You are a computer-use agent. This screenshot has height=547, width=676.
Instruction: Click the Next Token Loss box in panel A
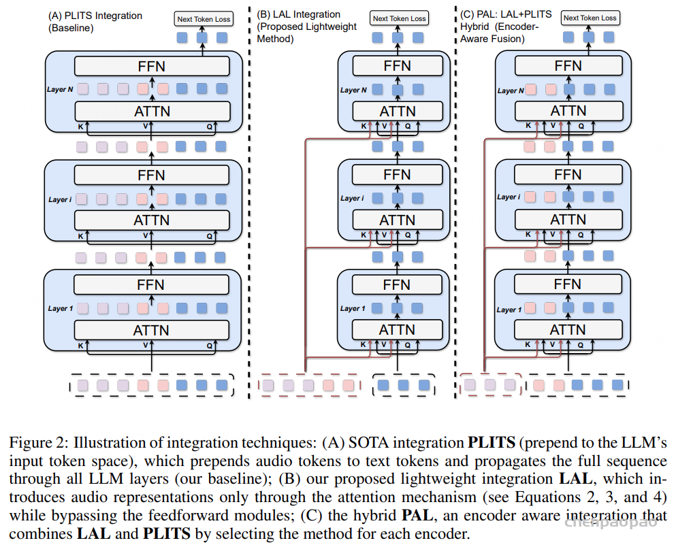204,19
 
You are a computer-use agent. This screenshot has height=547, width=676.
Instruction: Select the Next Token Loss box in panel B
399,18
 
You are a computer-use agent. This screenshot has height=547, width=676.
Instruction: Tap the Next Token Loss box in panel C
590,18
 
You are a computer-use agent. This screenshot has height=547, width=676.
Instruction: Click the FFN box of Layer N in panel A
151,66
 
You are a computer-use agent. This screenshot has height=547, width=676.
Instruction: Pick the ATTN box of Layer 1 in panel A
151,330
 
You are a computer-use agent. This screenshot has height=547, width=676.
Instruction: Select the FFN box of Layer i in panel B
397,174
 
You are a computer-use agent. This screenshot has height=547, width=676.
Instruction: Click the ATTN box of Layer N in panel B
398,111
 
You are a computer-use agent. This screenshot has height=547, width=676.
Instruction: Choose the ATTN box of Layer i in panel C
568,219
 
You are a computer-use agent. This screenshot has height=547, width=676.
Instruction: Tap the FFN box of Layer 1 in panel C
568,284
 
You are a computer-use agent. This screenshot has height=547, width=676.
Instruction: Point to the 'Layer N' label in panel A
60,89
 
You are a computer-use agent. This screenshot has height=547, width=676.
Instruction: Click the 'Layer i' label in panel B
352,199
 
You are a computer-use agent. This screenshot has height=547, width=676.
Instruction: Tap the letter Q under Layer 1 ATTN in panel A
209,346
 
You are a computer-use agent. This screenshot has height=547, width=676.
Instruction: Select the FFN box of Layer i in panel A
151,174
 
